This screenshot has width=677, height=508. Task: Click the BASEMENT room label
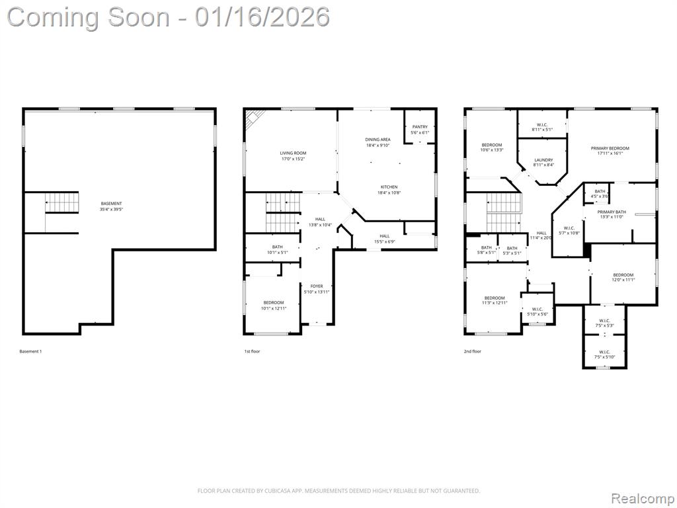point(111,204)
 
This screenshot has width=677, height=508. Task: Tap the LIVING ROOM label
point(292,153)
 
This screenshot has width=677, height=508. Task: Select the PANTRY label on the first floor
point(420,127)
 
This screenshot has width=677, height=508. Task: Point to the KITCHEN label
point(389,187)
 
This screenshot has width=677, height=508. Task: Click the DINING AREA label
point(378,140)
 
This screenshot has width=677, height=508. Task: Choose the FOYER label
point(317,286)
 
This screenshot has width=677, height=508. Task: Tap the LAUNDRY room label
point(543,160)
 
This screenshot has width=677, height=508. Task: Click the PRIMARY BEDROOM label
point(610,148)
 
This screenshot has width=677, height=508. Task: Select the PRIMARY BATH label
point(612,212)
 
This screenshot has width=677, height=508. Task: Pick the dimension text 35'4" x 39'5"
point(111,210)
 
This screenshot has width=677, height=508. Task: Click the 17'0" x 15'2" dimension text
point(292,159)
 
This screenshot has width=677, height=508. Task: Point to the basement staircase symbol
point(61,202)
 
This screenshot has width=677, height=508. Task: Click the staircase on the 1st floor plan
point(282,212)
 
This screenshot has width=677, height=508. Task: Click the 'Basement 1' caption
point(30,351)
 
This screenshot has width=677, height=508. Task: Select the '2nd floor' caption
point(472,351)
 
